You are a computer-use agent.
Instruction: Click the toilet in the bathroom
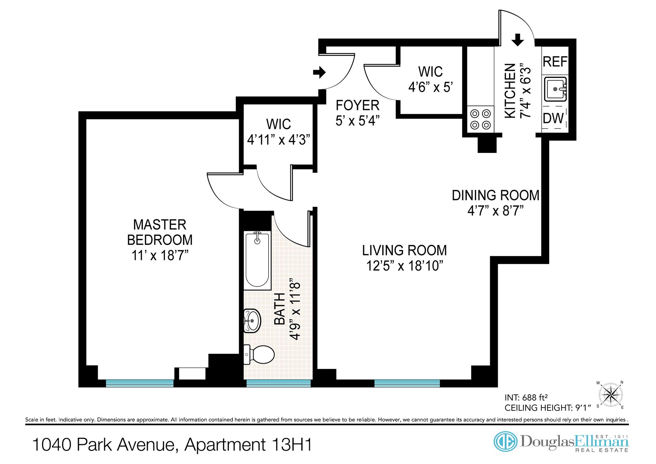[x=259, y=354]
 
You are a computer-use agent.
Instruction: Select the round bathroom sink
[x=252, y=321]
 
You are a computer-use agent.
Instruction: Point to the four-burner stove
[x=480, y=119]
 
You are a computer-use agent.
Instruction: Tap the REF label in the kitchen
[x=555, y=62]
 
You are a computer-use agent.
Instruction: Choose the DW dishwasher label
[x=553, y=118]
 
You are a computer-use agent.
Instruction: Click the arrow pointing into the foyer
[x=319, y=72]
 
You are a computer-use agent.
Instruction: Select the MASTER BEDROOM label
[x=160, y=232]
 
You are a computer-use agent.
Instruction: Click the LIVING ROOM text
[x=405, y=250]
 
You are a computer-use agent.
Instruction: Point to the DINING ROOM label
[x=496, y=195]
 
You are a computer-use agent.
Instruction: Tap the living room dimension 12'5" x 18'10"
[x=405, y=266]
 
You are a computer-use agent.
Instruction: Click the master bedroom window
[x=140, y=383]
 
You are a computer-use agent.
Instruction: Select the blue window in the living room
[x=407, y=383]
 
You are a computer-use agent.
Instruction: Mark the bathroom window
[x=278, y=383]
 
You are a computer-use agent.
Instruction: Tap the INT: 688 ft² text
[x=527, y=397]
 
